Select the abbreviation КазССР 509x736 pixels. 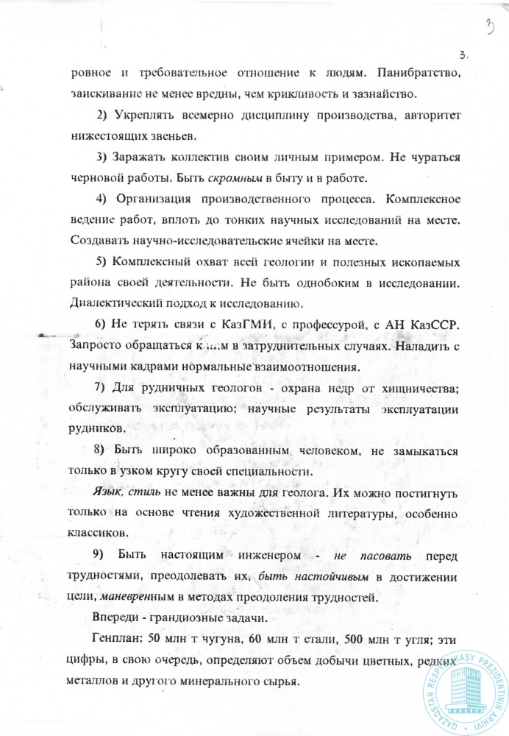(436, 325)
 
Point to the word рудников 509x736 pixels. (98, 428)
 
